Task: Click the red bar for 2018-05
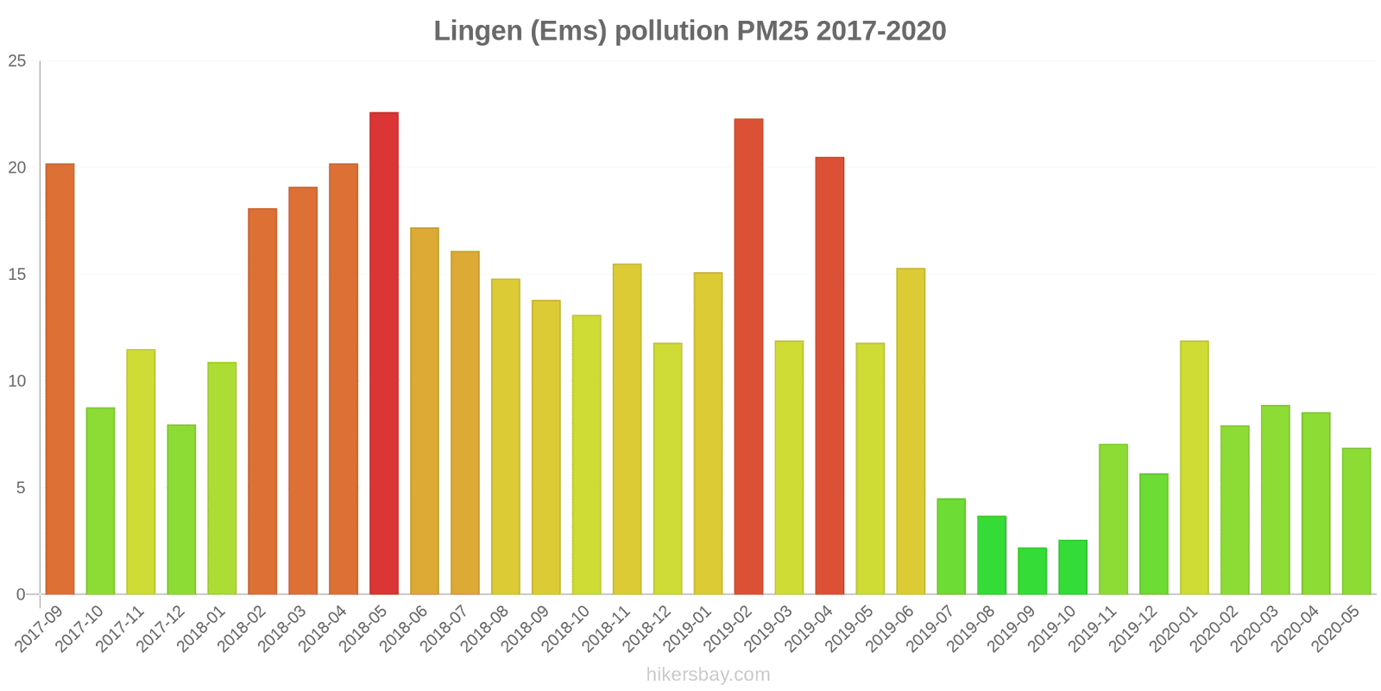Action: pyautogui.click(x=384, y=353)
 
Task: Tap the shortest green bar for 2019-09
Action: pyautogui.click(x=1032, y=571)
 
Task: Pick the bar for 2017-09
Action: pyautogui.click(x=60, y=379)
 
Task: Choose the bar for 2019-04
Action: pyautogui.click(x=829, y=376)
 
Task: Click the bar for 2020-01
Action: pyautogui.click(x=1194, y=467)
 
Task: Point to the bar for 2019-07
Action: pyautogui.click(x=951, y=546)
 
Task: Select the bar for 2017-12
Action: pyautogui.click(x=181, y=510)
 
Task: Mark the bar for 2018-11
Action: pyautogui.click(x=627, y=429)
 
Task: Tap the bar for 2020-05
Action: pyautogui.click(x=1356, y=521)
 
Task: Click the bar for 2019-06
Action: pyautogui.click(x=911, y=431)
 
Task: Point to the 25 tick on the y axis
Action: pyautogui.click(x=17, y=61)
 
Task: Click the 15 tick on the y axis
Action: pyautogui.click(x=17, y=275)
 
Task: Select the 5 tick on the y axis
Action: pyautogui.click(x=22, y=488)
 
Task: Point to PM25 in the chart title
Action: pyautogui.click(x=772, y=31)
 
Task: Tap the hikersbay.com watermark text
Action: pyautogui.click(x=708, y=675)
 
